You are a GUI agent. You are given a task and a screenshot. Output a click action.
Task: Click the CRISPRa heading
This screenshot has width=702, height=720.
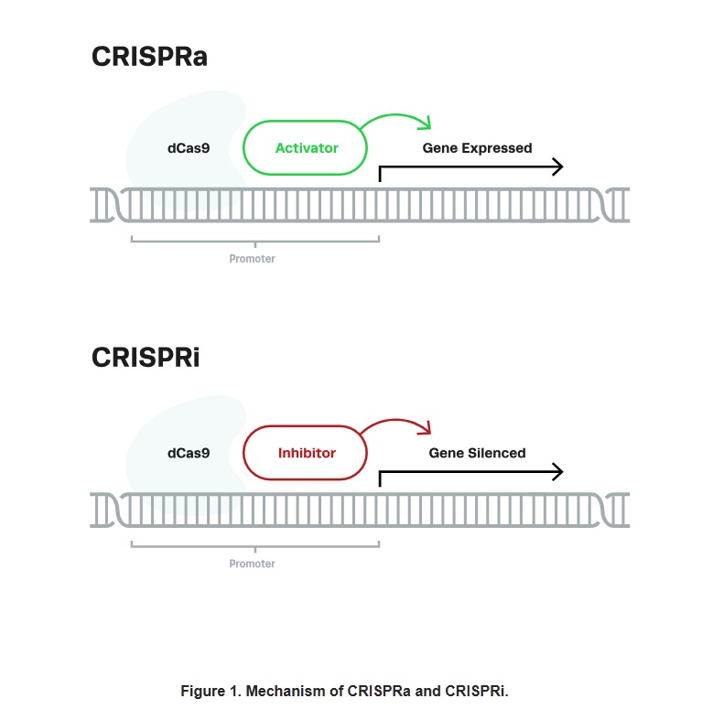(149, 56)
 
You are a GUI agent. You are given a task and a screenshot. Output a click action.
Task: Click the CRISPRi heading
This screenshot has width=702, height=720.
(146, 357)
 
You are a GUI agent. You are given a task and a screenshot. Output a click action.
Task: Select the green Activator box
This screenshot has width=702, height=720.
(305, 147)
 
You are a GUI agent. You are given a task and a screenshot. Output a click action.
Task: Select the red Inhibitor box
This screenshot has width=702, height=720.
(305, 452)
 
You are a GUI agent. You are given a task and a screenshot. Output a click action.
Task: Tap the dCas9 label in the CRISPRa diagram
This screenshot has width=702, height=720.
(189, 147)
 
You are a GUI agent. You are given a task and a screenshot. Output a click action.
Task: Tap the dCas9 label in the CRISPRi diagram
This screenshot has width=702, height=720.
(189, 452)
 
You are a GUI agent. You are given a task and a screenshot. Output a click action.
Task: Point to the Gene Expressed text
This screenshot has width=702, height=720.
(477, 147)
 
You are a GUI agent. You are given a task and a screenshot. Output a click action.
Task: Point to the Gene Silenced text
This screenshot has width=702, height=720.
(477, 452)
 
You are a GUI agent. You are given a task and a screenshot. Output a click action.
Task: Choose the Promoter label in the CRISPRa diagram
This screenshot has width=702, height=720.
(252, 259)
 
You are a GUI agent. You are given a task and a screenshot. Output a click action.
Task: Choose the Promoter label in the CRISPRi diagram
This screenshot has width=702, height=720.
(252, 564)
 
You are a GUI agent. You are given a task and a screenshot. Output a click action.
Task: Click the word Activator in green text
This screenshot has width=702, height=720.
(307, 147)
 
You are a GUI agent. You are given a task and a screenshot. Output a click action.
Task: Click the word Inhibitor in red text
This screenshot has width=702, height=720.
(307, 452)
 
